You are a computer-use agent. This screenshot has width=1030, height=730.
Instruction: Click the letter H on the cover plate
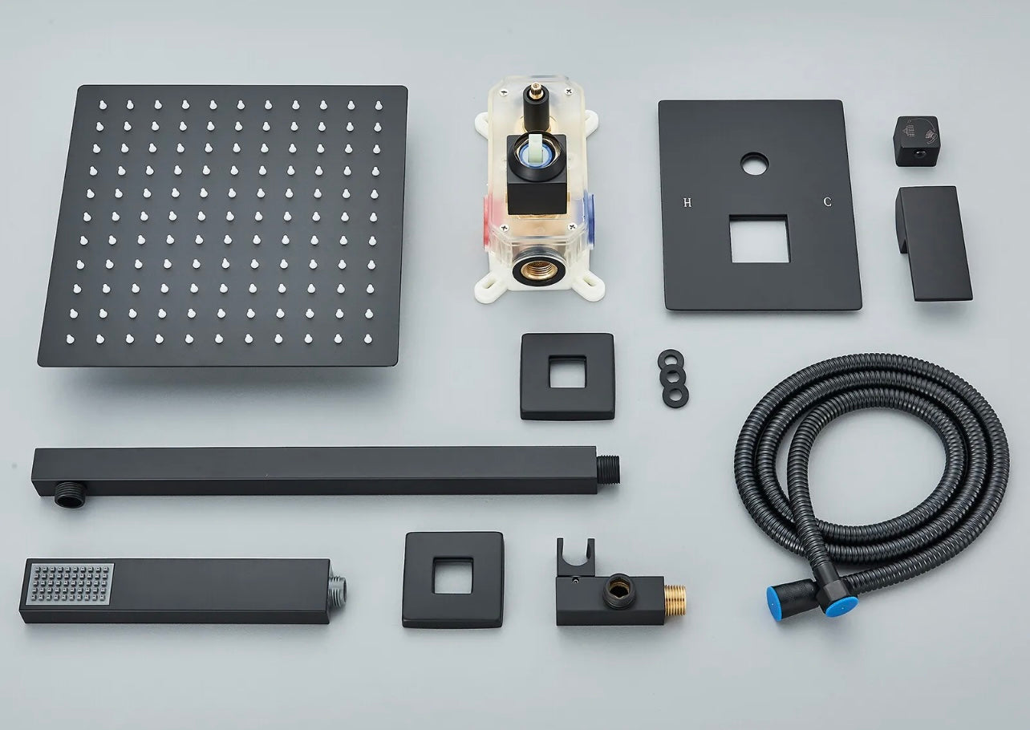687,202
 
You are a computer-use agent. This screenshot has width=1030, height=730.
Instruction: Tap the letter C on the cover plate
827,202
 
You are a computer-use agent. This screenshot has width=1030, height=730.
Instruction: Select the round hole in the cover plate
755,164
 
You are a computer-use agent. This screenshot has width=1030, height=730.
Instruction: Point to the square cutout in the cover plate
760,238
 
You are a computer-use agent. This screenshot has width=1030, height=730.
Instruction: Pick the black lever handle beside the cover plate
934,244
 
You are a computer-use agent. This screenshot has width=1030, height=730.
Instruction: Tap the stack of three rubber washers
673,378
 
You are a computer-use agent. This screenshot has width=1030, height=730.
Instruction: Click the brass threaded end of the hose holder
675,601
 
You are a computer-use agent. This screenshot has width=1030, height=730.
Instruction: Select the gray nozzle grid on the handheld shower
71,584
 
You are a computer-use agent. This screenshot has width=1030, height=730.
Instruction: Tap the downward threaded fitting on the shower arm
71,495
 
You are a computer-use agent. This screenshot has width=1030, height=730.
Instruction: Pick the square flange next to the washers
567,376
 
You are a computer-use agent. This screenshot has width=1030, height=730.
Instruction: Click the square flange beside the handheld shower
453,580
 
